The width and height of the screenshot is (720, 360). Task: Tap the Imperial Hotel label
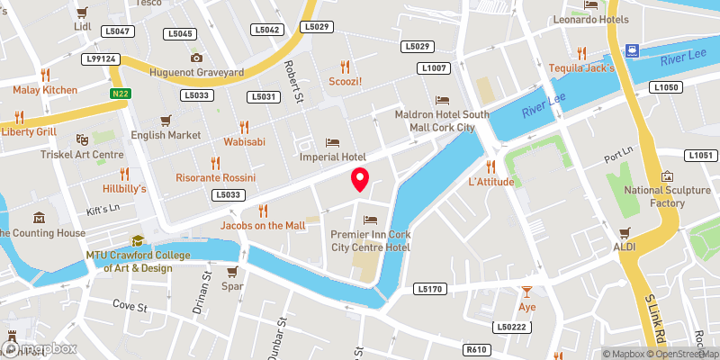(333, 157)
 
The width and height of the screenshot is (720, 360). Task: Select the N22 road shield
(120, 93)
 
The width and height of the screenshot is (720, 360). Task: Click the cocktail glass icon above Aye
(527, 292)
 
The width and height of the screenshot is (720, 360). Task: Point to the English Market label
(166, 135)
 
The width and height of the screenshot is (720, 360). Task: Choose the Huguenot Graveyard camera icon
(195, 58)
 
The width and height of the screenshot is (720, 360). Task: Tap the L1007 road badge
(431, 68)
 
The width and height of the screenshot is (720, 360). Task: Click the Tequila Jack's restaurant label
(581, 67)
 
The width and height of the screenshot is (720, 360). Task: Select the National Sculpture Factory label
(667, 196)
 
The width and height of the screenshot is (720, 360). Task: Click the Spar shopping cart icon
(232, 272)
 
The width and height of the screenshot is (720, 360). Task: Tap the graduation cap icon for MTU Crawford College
(137, 240)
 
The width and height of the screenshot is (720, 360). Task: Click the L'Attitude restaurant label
(490, 182)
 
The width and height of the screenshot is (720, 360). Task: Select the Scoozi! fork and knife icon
(344, 65)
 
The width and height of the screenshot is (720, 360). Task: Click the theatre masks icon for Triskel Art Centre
(81, 139)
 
